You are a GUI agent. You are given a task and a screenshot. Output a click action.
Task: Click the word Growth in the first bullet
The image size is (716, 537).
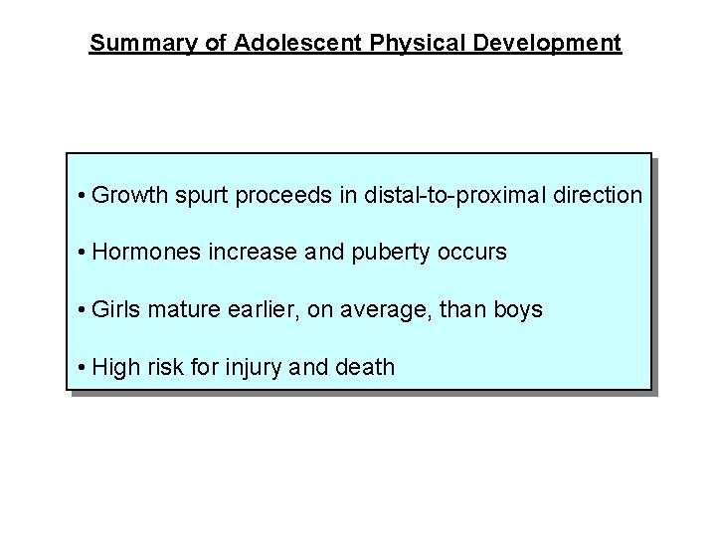(x=129, y=195)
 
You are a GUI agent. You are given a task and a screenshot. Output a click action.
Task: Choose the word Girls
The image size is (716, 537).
(x=116, y=310)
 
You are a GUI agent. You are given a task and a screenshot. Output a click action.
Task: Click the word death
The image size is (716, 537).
(x=365, y=367)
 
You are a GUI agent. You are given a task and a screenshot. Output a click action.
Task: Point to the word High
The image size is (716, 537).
(x=114, y=368)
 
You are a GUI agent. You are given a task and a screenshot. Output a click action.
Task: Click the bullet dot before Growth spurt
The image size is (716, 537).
(x=81, y=196)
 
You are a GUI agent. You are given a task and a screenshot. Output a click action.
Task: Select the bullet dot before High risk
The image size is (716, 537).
(x=81, y=368)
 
